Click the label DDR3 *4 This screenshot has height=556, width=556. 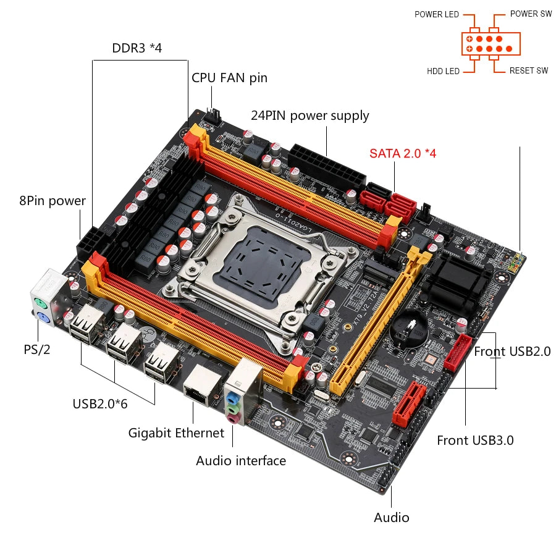click(x=137, y=48)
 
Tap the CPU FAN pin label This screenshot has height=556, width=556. click(x=229, y=77)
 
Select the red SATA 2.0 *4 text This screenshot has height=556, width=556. click(x=403, y=153)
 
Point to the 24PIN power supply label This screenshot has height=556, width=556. click(x=310, y=116)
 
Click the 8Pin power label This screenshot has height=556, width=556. click(x=53, y=200)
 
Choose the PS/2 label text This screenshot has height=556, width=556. click(x=37, y=349)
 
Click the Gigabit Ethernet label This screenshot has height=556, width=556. click(x=176, y=432)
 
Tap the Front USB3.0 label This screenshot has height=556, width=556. click(x=475, y=440)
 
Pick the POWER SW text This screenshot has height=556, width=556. click(x=531, y=14)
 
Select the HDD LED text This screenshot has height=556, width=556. click(x=443, y=71)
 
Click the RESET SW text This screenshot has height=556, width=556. click(x=528, y=71)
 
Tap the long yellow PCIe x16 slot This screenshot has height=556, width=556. click(x=377, y=321)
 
